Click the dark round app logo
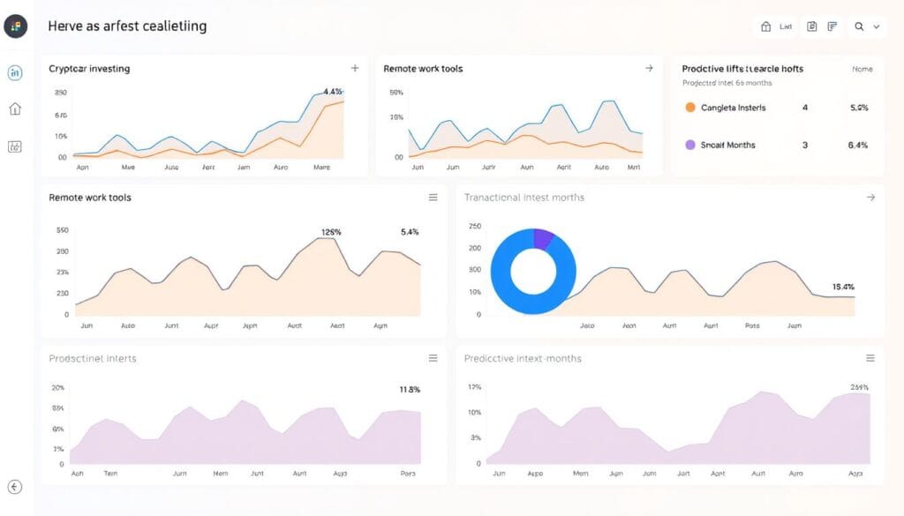(x=16, y=26)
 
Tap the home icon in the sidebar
(x=15, y=109)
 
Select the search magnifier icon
(x=858, y=27)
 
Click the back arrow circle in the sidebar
(x=15, y=487)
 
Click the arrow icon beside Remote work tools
(x=649, y=68)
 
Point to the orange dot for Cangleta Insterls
(x=690, y=108)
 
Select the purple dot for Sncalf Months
(x=690, y=145)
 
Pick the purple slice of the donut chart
(x=544, y=238)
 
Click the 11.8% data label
(x=409, y=389)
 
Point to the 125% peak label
(x=331, y=233)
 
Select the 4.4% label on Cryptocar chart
(x=333, y=91)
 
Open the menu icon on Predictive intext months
(x=870, y=358)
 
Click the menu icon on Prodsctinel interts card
(x=433, y=358)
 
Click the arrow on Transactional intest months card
(x=870, y=198)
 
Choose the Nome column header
(x=862, y=69)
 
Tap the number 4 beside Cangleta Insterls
(x=804, y=108)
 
